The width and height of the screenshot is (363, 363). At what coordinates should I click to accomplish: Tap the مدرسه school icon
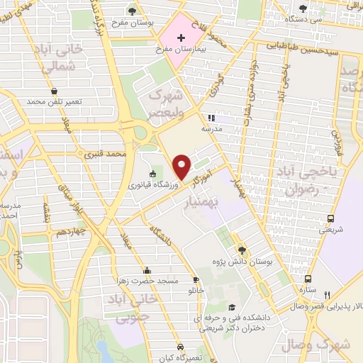pos(210,118)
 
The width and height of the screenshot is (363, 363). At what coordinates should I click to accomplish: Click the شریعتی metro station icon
pos(330,219)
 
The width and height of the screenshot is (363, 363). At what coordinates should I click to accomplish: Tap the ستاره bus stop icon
pos(308,279)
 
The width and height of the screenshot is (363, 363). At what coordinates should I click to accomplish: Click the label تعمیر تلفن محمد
pos(55,102)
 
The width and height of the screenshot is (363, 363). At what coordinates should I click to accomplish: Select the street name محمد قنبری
pos(105,152)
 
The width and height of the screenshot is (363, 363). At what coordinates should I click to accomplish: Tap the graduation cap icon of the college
pos(233,307)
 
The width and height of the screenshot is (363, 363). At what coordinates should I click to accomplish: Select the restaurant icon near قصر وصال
pos(327,295)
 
